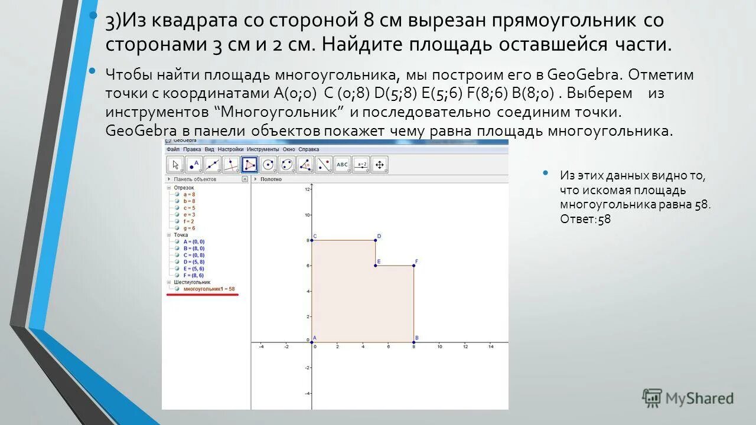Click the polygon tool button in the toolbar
coord(250,165)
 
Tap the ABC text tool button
coord(343,165)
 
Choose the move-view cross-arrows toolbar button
coord(380,165)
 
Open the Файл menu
coord(173,149)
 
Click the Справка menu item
coord(308,149)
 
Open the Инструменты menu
coord(263,149)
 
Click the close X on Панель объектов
coord(245,179)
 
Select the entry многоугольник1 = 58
coord(209,289)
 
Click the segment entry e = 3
coord(189,215)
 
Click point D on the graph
coord(375,240)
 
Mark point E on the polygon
coord(375,266)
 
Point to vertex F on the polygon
coord(413,266)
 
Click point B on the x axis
coord(413,342)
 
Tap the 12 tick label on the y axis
coord(307,189)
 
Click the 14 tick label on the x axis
coord(491,347)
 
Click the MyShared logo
coord(688,398)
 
